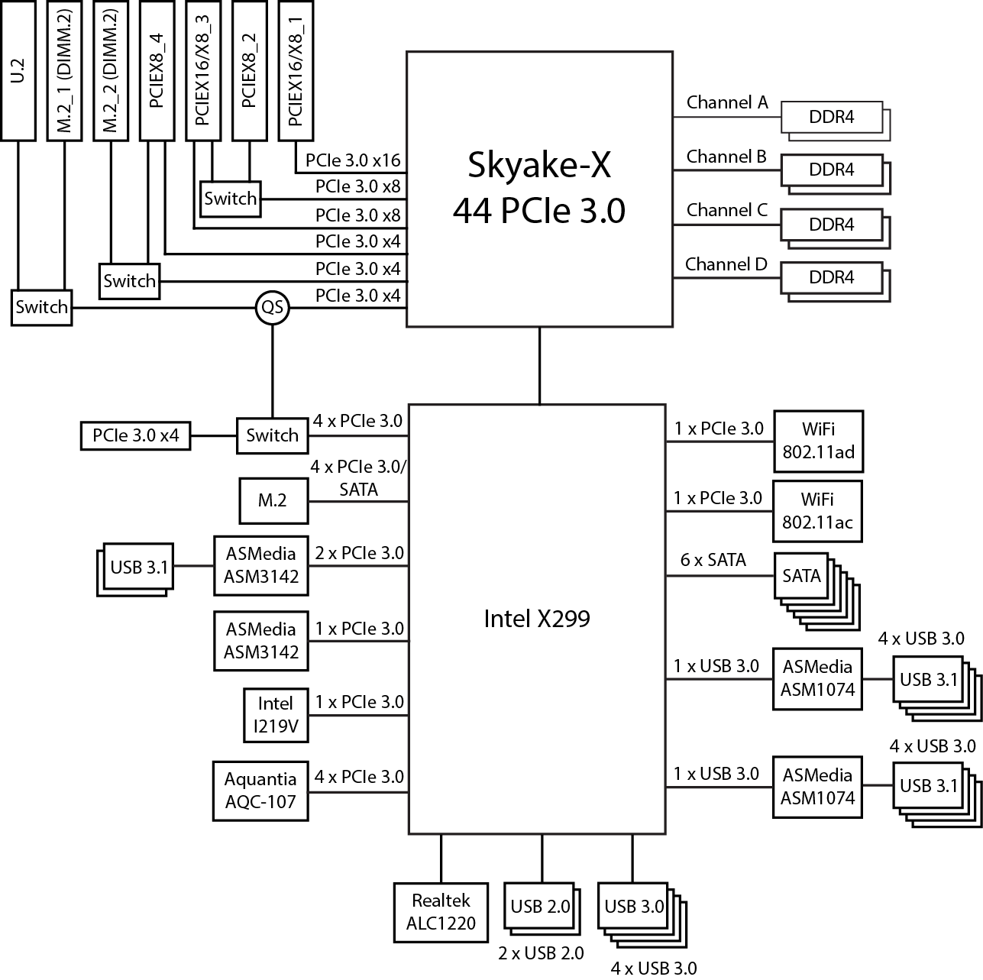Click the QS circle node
coord(272,308)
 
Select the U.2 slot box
coord(18,70)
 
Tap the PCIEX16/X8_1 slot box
coord(296,70)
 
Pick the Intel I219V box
coord(276,714)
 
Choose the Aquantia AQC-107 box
coord(260,791)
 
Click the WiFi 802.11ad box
coord(818,441)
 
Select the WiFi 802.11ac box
coord(817,511)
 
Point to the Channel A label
coord(726,102)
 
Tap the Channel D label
coord(726,264)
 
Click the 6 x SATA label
coord(713,560)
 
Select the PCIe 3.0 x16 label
coord(352,161)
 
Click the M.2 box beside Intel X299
coord(273,501)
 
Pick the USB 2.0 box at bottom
coord(540,907)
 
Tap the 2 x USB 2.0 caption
coord(541,953)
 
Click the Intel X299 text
coord(537,619)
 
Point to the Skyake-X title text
coord(538,163)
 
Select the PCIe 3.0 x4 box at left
coord(135,435)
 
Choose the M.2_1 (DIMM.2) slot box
coord(65,70)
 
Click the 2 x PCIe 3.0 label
coord(359,553)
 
